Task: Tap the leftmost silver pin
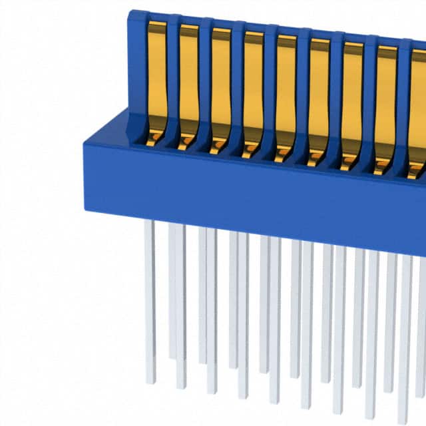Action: pos(150,300)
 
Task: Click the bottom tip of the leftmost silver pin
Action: pos(151,381)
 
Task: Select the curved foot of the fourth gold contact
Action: pos(251,150)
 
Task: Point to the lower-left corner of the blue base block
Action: pos(87,208)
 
